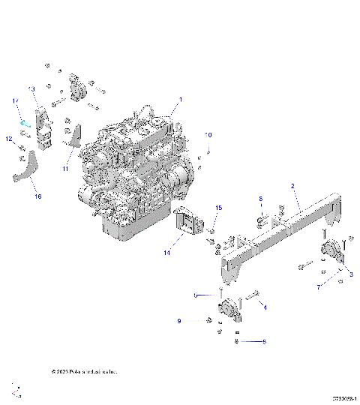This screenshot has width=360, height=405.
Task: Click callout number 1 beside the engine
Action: (180, 100)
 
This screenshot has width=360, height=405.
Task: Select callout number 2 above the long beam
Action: (292, 185)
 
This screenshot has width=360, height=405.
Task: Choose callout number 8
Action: (261, 199)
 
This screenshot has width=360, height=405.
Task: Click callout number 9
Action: (179, 321)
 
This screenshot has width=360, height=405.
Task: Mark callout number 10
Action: (209, 134)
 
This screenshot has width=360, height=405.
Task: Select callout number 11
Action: (64, 169)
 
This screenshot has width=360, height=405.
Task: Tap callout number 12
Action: (9, 139)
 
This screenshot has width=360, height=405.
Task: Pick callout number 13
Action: (32, 89)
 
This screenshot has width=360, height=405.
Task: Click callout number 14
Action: (167, 253)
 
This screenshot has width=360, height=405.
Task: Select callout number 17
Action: (14, 100)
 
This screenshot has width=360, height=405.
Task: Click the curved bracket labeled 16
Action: (25, 174)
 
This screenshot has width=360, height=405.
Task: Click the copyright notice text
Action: (83, 370)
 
